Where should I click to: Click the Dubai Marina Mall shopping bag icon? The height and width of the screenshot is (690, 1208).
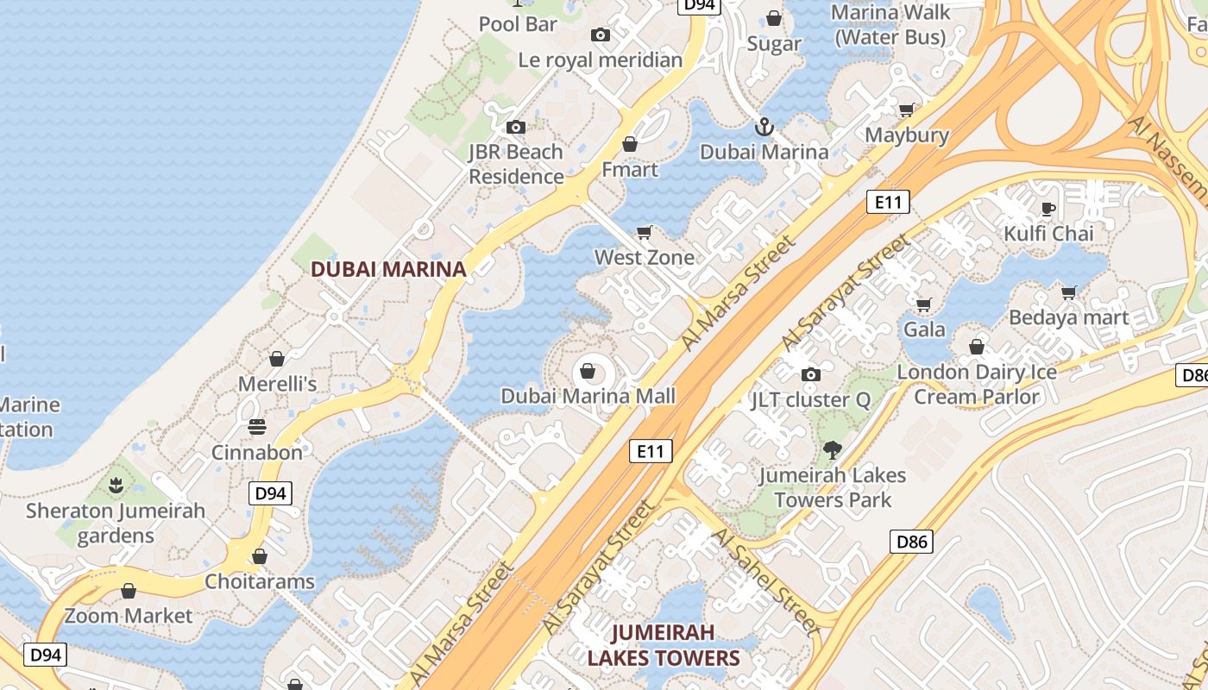[x=588, y=371]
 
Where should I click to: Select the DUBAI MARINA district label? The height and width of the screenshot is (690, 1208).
[x=388, y=269]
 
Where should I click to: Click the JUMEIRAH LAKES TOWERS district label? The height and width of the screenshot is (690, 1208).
[x=664, y=646]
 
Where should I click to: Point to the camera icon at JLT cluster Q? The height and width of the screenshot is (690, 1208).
[x=810, y=374]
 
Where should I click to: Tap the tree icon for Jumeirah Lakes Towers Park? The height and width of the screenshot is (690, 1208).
[x=833, y=449]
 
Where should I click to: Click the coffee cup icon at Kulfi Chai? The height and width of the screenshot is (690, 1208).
[x=1048, y=209]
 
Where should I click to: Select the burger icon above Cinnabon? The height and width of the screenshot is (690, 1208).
[x=257, y=427]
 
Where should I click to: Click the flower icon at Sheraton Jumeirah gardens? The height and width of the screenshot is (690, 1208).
[x=116, y=486]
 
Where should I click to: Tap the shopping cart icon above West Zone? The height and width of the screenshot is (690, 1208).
[x=644, y=232]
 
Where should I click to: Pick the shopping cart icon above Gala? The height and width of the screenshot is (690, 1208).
[x=923, y=304]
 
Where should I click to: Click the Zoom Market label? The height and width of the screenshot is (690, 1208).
[x=129, y=616]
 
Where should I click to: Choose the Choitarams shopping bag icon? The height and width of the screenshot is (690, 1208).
[x=260, y=557]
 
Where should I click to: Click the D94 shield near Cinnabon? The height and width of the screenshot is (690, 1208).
[x=271, y=493]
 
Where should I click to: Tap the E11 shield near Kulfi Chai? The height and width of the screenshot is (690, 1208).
[x=888, y=203]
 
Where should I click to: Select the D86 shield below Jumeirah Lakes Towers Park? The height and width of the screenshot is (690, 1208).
[x=911, y=542]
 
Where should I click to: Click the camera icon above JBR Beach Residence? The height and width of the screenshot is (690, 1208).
[x=516, y=128]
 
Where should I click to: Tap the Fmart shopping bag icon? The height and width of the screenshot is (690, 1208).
[x=630, y=144]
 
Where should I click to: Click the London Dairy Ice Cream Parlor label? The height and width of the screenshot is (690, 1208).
[x=977, y=385]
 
